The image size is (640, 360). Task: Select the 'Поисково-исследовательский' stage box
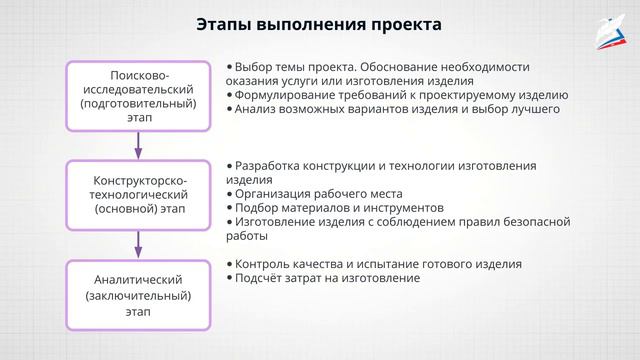click(x=138, y=96)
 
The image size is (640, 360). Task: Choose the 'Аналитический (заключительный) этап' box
click(x=138, y=291)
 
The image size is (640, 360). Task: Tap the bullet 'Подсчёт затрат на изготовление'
click(x=327, y=278)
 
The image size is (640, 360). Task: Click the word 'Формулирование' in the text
click(x=284, y=96)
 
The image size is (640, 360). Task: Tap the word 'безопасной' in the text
click(x=535, y=222)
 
